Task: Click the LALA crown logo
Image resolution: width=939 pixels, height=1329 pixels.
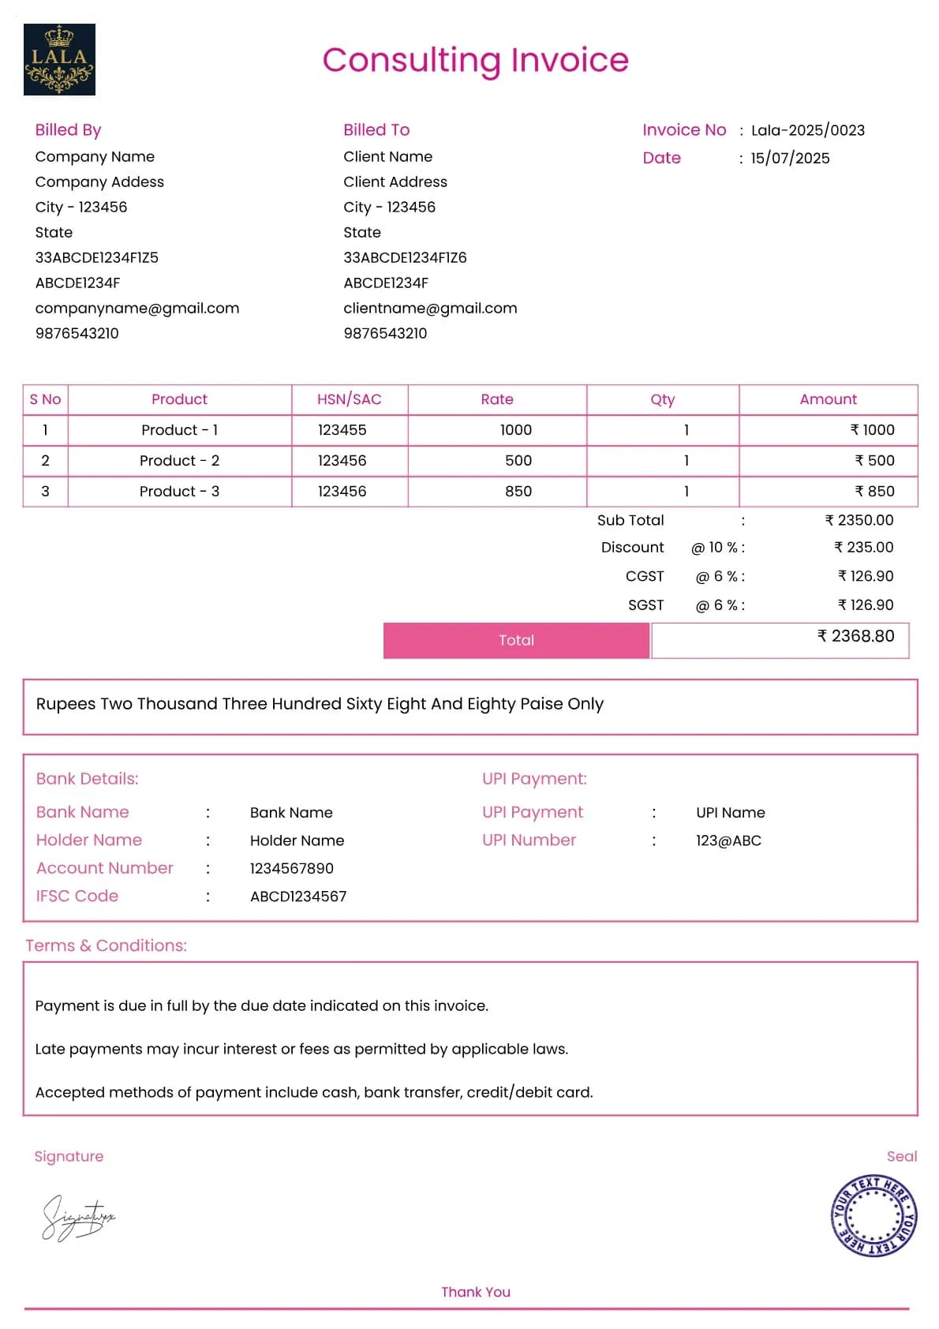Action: point(59,59)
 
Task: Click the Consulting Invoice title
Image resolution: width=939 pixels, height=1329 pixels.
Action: point(475,60)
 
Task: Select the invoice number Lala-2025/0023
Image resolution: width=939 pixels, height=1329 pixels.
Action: point(807,130)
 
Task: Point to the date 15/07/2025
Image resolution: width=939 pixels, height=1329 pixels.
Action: point(790,158)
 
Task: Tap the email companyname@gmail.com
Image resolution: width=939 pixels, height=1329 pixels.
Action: point(137,308)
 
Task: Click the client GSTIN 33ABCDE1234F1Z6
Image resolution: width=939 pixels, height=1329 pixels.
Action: point(405,257)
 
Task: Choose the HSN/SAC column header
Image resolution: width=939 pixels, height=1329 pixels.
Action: point(349,399)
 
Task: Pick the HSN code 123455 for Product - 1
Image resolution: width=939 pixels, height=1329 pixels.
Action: point(342,430)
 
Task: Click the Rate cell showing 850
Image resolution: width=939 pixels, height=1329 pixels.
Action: point(518,491)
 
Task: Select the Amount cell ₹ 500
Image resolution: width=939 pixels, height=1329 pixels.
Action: point(874,460)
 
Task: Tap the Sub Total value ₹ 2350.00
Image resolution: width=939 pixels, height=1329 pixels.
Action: point(859,520)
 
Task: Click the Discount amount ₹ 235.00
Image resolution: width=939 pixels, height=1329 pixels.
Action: point(863,547)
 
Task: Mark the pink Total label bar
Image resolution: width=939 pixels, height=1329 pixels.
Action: point(516,640)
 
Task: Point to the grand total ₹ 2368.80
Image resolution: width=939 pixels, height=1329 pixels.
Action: point(855,636)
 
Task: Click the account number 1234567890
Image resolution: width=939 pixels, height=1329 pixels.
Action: point(291,868)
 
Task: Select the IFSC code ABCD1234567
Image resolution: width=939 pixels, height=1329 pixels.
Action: point(298,897)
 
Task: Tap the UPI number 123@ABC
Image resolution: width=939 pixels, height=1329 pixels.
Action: point(728,840)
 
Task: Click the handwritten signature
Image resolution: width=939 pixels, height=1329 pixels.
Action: point(77,1218)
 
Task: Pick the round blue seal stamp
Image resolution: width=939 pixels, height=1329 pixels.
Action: point(874,1215)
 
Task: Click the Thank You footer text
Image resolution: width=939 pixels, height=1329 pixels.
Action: point(475,1292)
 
